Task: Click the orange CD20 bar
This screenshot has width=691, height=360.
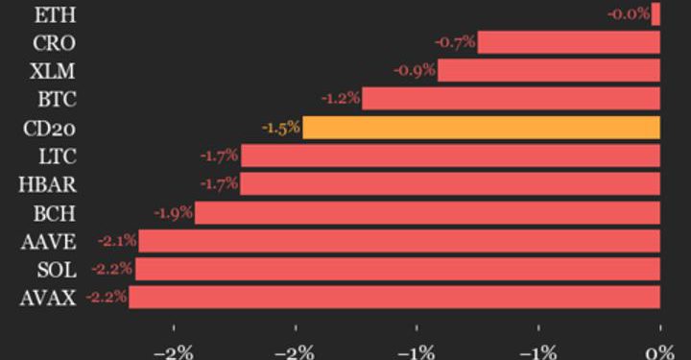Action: [x=481, y=128]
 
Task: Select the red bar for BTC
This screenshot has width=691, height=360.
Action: [x=511, y=99]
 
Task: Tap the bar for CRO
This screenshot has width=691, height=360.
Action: [x=568, y=42]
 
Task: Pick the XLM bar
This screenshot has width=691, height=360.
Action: [x=549, y=70]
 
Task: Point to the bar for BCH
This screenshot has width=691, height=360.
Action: [x=427, y=212]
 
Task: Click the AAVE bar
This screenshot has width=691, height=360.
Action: [x=399, y=241]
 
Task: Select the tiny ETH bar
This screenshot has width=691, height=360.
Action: [x=656, y=14]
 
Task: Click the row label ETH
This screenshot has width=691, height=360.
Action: [x=55, y=14]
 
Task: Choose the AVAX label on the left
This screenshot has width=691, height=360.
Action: [x=47, y=298]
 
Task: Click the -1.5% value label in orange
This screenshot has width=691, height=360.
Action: [x=280, y=128]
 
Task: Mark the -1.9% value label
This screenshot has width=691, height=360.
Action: [x=173, y=212]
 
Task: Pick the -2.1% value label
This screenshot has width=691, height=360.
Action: [x=117, y=241]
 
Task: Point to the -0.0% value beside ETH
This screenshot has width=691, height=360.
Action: [x=628, y=14]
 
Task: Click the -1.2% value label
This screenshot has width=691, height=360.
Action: [x=340, y=99]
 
